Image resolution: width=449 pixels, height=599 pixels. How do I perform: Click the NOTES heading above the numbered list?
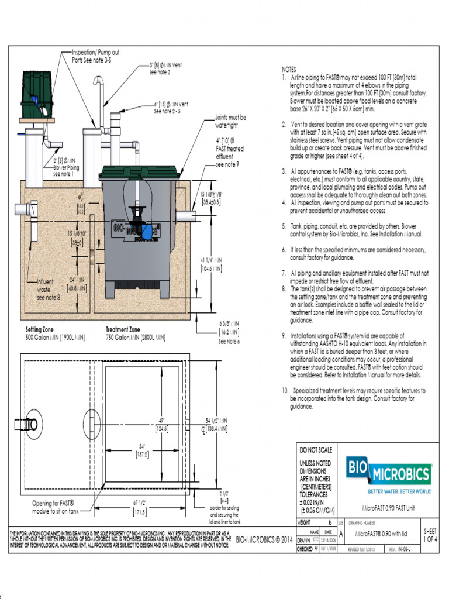pos(289,68)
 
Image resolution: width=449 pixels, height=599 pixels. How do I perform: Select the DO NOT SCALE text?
pos(316,450)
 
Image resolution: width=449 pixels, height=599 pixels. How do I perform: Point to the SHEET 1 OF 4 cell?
pos(430,535)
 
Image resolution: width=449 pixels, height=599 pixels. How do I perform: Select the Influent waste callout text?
pos(49,289)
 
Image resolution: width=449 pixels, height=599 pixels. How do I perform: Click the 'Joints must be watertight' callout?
pos(230,121)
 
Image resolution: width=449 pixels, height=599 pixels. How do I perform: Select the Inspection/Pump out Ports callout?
pos(95,56)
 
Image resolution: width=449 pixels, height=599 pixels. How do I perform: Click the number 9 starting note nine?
pos(284,336)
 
